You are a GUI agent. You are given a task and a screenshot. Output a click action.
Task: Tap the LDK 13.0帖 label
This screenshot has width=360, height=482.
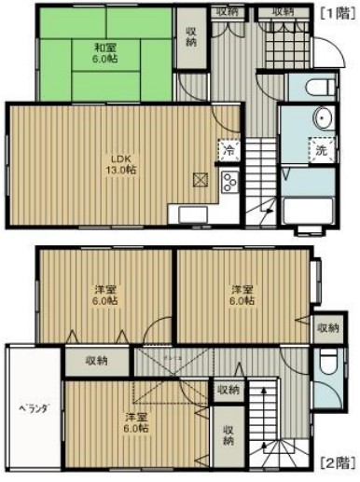click(118, 163)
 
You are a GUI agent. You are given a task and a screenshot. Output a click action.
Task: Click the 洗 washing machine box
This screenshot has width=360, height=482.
click(320, 150)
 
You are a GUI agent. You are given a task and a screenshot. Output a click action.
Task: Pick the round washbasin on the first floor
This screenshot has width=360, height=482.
click(323, 118)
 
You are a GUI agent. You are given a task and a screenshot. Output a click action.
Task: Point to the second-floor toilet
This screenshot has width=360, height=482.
click(325, 369)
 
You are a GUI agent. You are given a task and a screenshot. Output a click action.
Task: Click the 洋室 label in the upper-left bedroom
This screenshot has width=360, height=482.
click(104, 295)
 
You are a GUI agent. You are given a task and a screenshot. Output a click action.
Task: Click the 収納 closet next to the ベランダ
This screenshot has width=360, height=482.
click(97, 361)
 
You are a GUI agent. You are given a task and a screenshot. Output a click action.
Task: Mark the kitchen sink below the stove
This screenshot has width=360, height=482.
click(188, 214)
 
